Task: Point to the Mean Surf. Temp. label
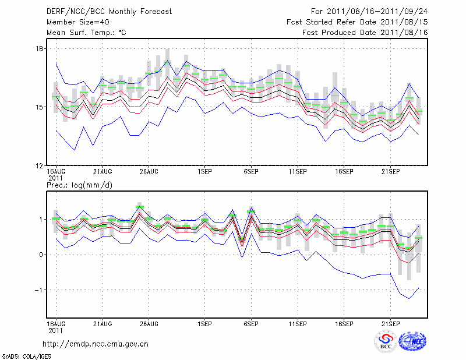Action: point(86,33)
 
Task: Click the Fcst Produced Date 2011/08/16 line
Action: point(365,33)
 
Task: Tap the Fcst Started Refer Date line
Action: point(357,22)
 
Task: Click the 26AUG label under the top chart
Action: point(149,172)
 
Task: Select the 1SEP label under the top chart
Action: point(204,172)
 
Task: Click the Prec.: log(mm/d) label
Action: point(79,185)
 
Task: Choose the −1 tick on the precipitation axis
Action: point(40,290)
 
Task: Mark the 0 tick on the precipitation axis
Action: point(41,255)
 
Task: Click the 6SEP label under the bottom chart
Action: point(251,323)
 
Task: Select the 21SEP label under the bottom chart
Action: point(390,323)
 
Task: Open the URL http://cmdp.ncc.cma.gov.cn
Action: point(96,344)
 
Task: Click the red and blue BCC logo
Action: point(386,341)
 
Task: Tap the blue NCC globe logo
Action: point(412,341)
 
